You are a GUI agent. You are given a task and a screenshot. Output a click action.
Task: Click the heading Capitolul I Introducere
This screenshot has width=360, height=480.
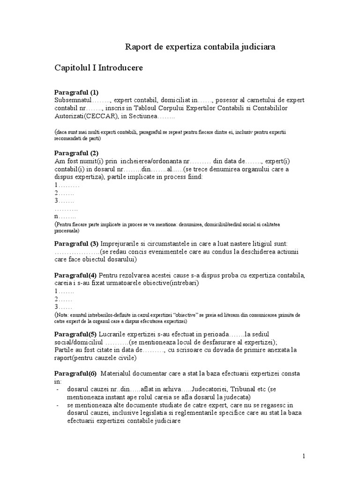[x=98, y=68]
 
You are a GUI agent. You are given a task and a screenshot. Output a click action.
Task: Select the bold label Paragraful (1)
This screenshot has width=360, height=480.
[x=76, y=92]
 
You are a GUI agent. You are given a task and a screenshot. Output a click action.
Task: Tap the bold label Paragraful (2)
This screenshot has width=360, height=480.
[x=76, y=153]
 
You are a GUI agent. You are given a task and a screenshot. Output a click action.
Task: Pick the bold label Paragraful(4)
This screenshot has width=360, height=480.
[x=75, y=274]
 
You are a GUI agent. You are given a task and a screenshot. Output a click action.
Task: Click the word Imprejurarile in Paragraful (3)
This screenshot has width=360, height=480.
[x=121, y=244]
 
